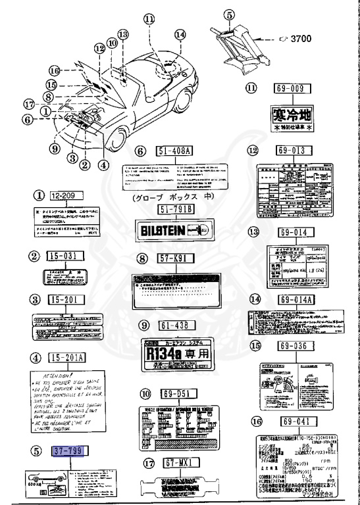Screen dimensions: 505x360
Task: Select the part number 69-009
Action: pos(291,87)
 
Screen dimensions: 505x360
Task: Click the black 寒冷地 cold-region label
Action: pos(291,116)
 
